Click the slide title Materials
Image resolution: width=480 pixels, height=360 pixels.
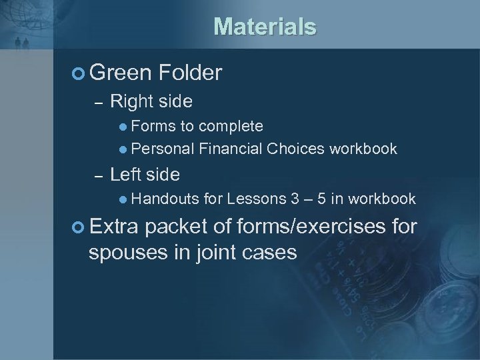[x=265, y=27]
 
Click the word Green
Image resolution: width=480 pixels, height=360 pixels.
[x=120, y=73]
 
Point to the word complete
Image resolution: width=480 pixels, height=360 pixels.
[x=231, y=126]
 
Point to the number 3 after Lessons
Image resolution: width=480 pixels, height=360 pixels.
[x=295, y=199]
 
